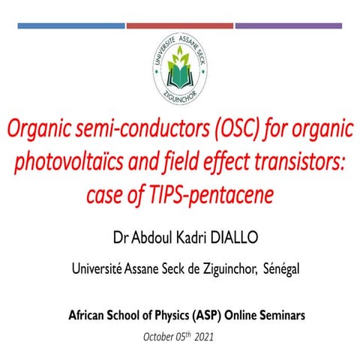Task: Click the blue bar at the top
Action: click(70, 25)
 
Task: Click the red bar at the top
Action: click(179, 25)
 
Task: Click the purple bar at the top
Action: click(289, 25)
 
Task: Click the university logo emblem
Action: click(180, 65)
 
